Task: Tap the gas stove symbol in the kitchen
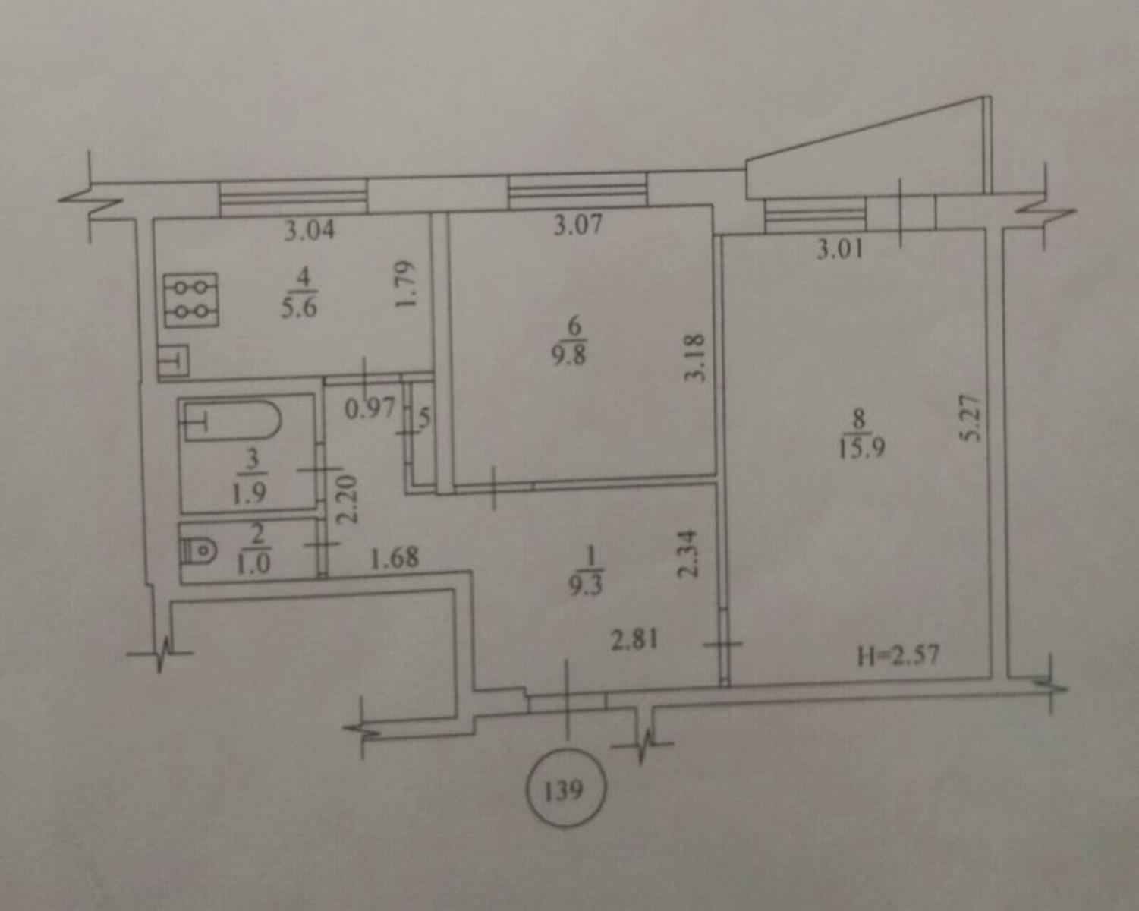pyautogui.click(x=190, y=300)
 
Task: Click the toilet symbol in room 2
pyautogui.click(x=199, y=552)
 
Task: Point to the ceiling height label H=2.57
pyautogui.click(x=898, y=654)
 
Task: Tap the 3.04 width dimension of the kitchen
pyautogui.click(x=310, y=230)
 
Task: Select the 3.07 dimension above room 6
pyautogui.click(x=577, y=225)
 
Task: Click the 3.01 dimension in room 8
pyautogui.click(x=840, y=250)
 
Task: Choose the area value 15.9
pyautogui.click(x=862, y=449)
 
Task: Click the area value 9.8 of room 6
pyautogui.click(x=569, y=355)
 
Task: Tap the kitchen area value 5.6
pyautogui.click(x=299, y=307)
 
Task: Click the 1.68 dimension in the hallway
pyautogui.click(x=395, y=557)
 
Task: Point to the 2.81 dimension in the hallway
pyautogui.click(x=634, y=640)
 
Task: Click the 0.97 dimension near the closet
pyautogui.click(x=370, y=408)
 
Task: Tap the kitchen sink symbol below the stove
pyautogui.click(x=174, y=361)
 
